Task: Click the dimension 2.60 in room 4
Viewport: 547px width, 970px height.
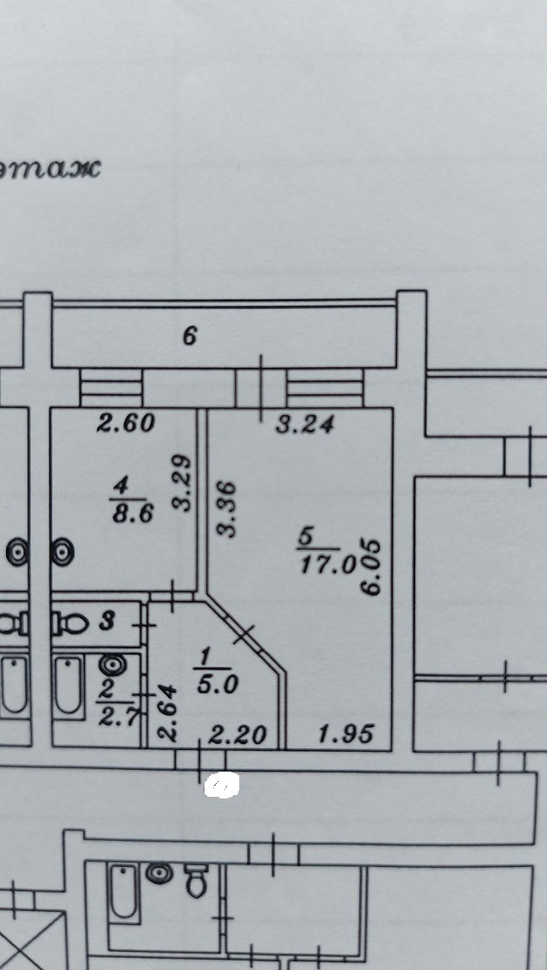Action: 126,424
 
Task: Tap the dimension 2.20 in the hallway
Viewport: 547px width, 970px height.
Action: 239,736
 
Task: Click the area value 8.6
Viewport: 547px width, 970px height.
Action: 132,514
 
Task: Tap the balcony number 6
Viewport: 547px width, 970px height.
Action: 190,336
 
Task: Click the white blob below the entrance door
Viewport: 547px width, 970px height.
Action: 221,786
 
